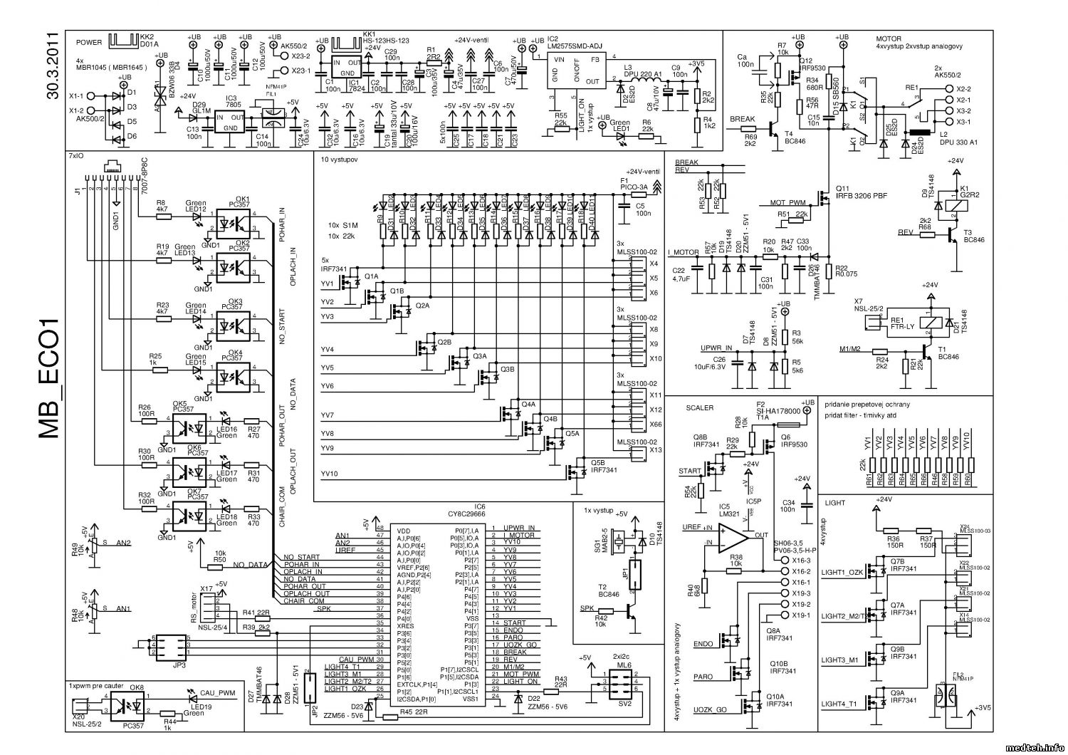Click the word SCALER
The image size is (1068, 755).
click(x=699, y=408)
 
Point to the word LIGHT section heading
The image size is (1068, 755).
click(x=834, y=503)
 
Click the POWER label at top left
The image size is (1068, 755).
click(x=88, y=42)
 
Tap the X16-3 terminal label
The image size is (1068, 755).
click(x=802, y=561)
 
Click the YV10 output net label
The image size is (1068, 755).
click(x=330, y=474)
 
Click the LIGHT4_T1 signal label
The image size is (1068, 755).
click(x=842, y=704)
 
